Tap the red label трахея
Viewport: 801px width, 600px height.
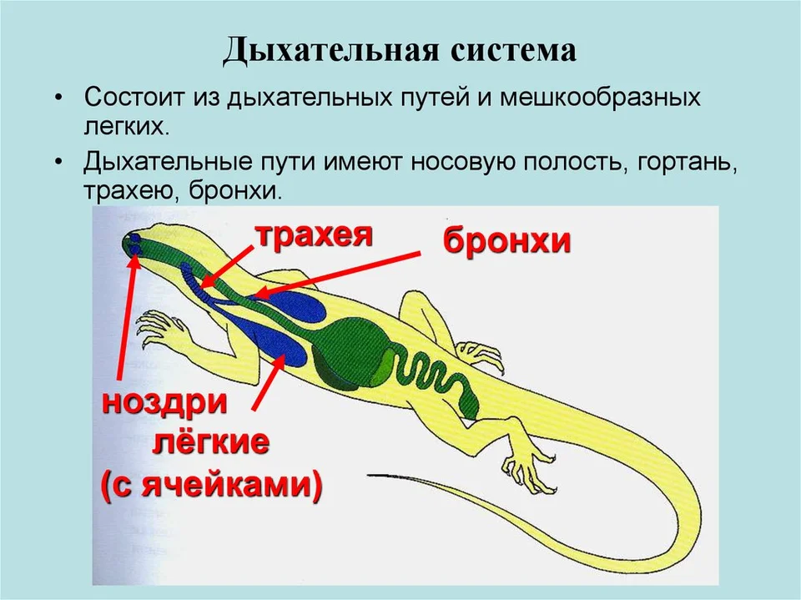(315, 235)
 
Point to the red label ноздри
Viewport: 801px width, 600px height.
(164, 402)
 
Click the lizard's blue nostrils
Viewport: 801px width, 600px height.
(135, 244)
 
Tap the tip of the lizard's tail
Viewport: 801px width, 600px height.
(369, 476)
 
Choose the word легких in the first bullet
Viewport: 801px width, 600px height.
(126, 127)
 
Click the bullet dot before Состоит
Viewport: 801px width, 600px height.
(60, 98)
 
